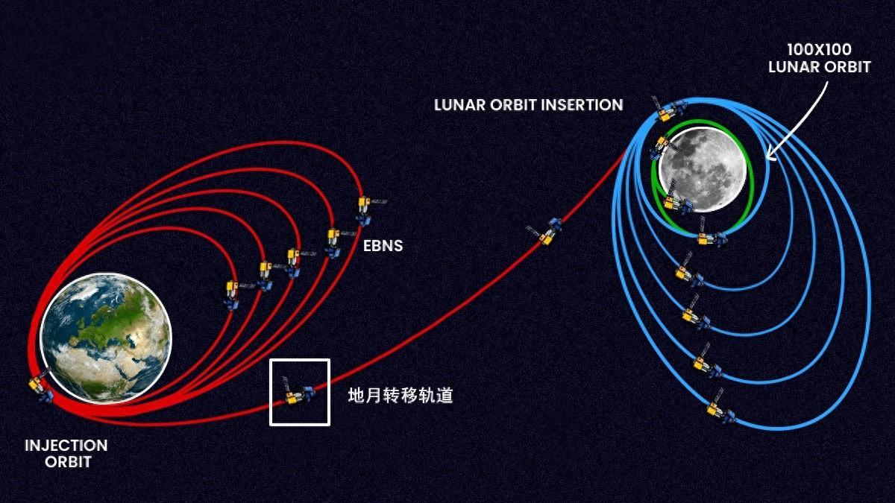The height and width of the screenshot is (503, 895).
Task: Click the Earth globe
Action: (x=106, y=338)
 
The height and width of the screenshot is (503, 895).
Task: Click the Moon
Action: (x=702, y=169)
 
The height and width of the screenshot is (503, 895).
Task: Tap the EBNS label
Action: (x=383, y=246)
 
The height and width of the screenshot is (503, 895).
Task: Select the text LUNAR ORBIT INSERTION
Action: (x=528, y=105)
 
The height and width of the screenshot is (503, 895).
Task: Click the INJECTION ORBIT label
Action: (x=66, y=454)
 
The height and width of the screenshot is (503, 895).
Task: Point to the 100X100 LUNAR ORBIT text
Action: (x=819, y=58)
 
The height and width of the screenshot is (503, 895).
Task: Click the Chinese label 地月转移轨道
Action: (x=401, y=396)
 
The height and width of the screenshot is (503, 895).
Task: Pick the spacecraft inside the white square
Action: (x=299, y=391)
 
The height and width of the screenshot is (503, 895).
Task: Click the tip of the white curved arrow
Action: (x=767, y=159)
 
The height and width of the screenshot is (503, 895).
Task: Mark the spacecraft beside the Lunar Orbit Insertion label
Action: (x=668, y=109)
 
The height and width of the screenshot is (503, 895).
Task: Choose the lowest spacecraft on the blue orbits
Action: (x=719, y=408)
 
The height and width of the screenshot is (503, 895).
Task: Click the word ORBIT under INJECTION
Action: (x=69, y=462)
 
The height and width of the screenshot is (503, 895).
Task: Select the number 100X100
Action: (x=819, y=50)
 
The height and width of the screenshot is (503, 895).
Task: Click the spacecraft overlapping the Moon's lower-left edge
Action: (x=676, y=198)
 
